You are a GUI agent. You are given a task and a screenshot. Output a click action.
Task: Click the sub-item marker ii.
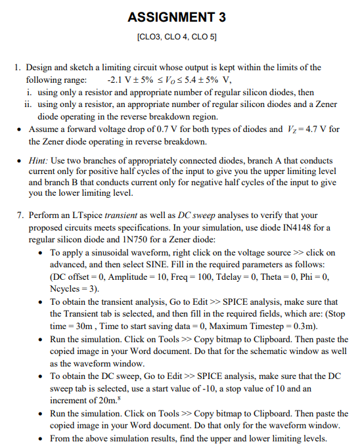(x=27, y=104)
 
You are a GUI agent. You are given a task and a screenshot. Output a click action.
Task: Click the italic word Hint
(x=41, y=160)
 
